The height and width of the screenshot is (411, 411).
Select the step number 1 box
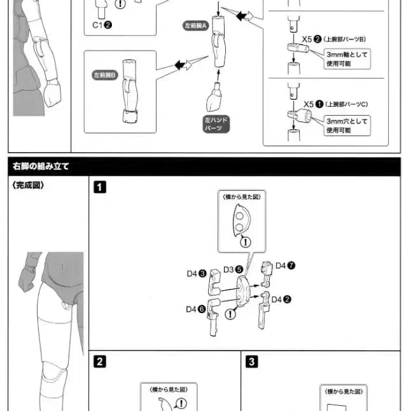[100, 187]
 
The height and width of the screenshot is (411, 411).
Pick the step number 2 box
[100, 361]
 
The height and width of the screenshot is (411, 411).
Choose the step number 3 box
[252, 361]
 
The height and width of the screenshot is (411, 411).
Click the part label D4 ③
[195, 274]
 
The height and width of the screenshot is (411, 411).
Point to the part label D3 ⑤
[233, 269]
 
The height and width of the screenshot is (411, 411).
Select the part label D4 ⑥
[195, 309]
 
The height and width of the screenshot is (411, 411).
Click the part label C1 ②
[102, 26]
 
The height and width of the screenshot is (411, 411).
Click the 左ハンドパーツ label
[216, 123]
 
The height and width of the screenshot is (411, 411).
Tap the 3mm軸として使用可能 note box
[347, 59]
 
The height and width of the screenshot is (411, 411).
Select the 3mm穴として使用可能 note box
[347, 125]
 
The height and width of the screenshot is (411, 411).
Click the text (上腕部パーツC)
[347, 104]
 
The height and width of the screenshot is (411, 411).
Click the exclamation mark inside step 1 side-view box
[246, 242]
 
